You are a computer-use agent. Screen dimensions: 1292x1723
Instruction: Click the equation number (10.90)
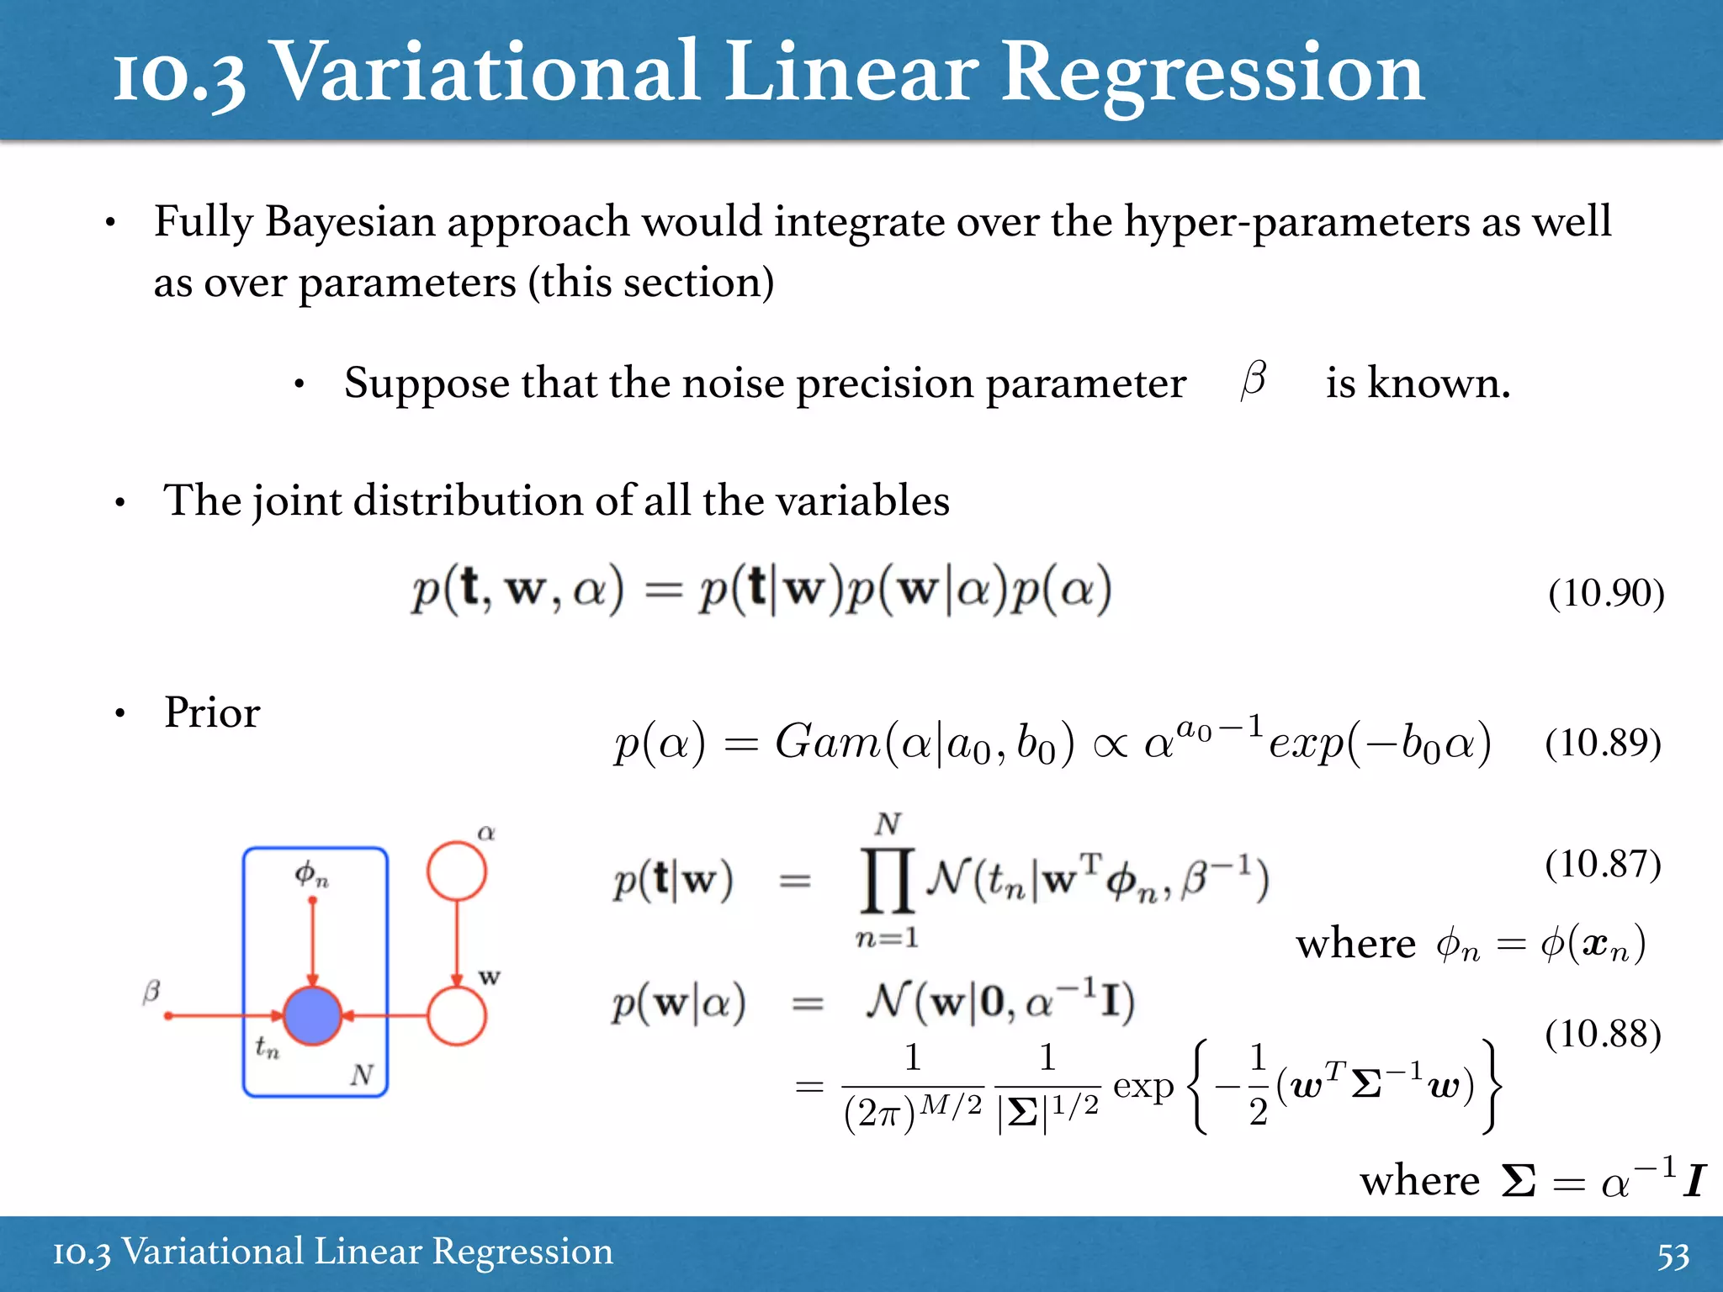[1606, 593]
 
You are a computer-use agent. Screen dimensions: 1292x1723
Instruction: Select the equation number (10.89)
[1603, 743]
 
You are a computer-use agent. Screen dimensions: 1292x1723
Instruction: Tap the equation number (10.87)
[1603, 864]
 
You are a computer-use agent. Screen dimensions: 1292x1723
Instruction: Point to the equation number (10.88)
[1603, 1034]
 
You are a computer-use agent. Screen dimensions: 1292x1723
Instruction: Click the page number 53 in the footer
[1673, 1256]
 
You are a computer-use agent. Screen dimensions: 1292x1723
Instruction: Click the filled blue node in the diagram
[312, 1016]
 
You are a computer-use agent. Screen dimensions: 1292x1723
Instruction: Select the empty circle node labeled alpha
[456, 871]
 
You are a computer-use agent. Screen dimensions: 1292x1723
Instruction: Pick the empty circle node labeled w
[456, 1016]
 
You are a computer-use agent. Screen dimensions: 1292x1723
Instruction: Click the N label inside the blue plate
[362, 1074]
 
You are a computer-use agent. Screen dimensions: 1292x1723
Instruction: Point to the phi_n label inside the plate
[311, 875]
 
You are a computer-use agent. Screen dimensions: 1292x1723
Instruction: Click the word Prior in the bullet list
[212, 712]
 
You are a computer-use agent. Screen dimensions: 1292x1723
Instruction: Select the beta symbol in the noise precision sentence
[1254, 379]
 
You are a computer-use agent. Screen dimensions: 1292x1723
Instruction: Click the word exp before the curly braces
[1143, 1087]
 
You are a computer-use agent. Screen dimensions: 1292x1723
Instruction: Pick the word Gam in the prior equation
[827, 742]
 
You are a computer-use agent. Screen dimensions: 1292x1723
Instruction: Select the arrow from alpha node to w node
[456, 942]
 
